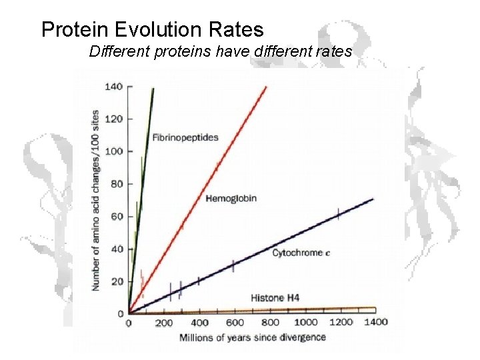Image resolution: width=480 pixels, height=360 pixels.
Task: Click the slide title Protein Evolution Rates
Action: (x=152, y=30)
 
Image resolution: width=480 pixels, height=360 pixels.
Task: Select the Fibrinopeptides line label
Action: (x=185, y=138)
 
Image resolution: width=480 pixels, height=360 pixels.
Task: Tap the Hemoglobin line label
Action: (x=231, y=199)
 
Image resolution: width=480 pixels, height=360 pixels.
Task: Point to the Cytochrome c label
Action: (x=297, y=253)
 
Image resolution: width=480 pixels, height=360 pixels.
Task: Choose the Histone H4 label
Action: (x=275, y=298)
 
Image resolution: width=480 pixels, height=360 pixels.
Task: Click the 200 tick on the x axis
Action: (x=163, y=323)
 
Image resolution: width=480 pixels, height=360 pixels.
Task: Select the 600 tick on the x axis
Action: (x=234, y=323)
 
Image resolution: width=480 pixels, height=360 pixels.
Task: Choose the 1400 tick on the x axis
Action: (x=375, y=323)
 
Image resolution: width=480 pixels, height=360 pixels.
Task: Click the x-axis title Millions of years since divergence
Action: (x=252, y=338)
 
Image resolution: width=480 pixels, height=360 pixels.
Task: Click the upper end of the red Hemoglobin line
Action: (x=265, y=87)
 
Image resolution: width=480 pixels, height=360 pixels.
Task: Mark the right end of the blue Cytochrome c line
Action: (x=373, y=199)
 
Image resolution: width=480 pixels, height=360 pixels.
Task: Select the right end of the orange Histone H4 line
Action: (x=375, y=309)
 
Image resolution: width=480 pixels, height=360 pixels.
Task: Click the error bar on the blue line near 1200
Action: (x=339, y=214)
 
